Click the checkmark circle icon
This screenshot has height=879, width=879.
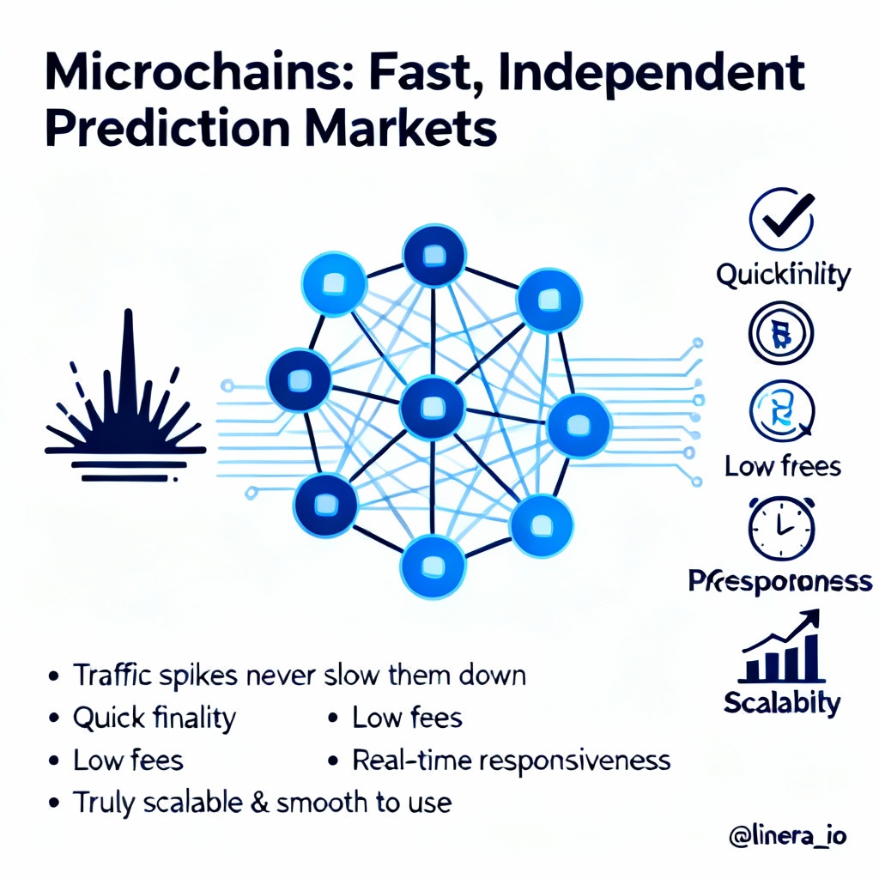(x=781, y=220)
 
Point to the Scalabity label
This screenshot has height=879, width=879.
(x=781, y=702)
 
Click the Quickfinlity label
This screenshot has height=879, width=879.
(x=783, y=275)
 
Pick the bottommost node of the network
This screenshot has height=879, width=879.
(x=433, y=567)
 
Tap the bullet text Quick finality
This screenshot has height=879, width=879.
(x=154, y=718)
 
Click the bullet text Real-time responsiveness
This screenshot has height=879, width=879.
(x=512, y=760)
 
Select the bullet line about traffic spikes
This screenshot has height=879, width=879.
(x=299, y=675)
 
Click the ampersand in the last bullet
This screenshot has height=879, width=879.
(x=263, y=803)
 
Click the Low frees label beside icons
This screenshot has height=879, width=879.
(x=782, y=466)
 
